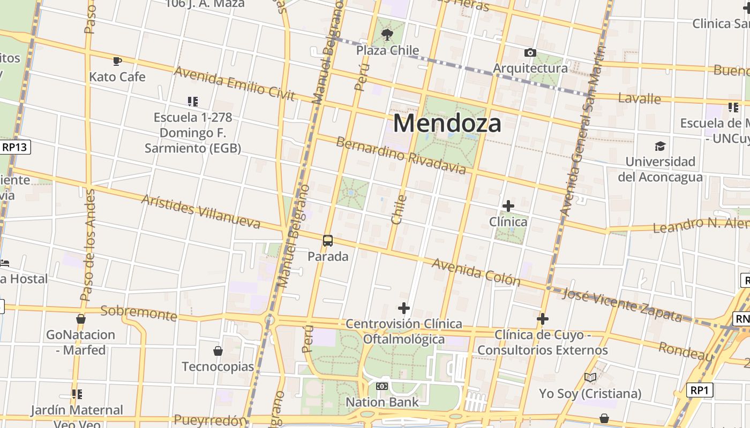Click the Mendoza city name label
point(447,123)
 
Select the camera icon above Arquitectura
point(530,52)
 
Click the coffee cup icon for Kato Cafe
point(117,61)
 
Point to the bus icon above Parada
point(328,241)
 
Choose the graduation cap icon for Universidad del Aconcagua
point(660,146)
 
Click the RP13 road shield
point(16,147)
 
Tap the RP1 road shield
point(700,391)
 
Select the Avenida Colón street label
point(476,272)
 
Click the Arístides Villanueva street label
point(200,211)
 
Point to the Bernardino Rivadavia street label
point(401,155)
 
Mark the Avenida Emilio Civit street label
point(234,83)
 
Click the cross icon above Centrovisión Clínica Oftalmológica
point(404,308)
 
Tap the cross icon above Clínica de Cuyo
point(542,319)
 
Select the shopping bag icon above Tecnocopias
point(218,351)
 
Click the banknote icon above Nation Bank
point(382,386)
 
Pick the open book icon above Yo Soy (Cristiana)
point(590,378)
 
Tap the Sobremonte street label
point(138,312)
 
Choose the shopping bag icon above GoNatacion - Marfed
point(81,319)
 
